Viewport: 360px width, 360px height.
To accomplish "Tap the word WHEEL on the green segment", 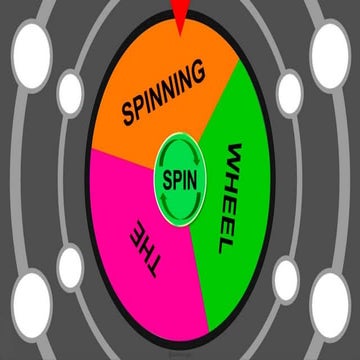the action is click(x=234, y=200).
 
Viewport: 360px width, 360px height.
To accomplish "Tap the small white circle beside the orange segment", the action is click(x=70, y=92).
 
